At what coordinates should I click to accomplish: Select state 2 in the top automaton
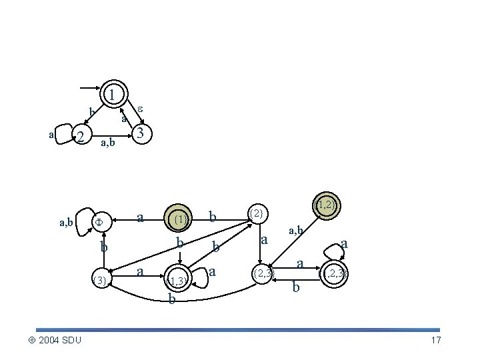pyautogui.click(x=80, y=137)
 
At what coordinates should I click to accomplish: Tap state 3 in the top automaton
pyautogui.click(x=139, y=134)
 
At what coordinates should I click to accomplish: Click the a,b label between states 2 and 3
pyautogui.click(x=107, y=142)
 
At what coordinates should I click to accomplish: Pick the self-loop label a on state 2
pyautogui.click(x=52, y=135)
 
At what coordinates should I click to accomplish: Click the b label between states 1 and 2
pyautogui.click(x=91, y=111)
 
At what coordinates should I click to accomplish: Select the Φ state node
pyautogui.click(x=98, y=221)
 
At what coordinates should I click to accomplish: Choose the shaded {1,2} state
pyautogui.click(x=326, y=205)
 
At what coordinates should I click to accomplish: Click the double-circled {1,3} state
pyautogui.click(x=178, y=279)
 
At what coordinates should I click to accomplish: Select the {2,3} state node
pyautogui.click(x=261, y=273)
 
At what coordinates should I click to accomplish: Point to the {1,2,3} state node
pyautogui.click(x=333, y=273)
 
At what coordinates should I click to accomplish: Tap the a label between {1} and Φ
pyautogui.click(x=140, y=217)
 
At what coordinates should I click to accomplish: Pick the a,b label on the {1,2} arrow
pyautogui.click(x=296, y=231)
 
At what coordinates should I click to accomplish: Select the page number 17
pyautogui.click(x=436, y=341)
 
